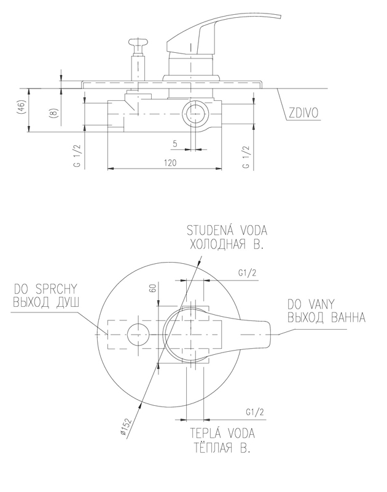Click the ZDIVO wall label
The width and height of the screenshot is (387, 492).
point(303,113)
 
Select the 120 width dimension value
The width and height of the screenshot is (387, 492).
point(170,163)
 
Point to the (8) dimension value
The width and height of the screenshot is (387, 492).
point(54,113)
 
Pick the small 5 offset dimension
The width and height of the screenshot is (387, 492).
point(175,144)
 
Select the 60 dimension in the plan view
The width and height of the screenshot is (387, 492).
point(153,287)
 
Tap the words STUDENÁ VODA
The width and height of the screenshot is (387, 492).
point(227,231)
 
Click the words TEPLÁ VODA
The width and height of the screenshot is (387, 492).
point(222,434)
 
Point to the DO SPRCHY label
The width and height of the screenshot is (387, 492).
point(45,289)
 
